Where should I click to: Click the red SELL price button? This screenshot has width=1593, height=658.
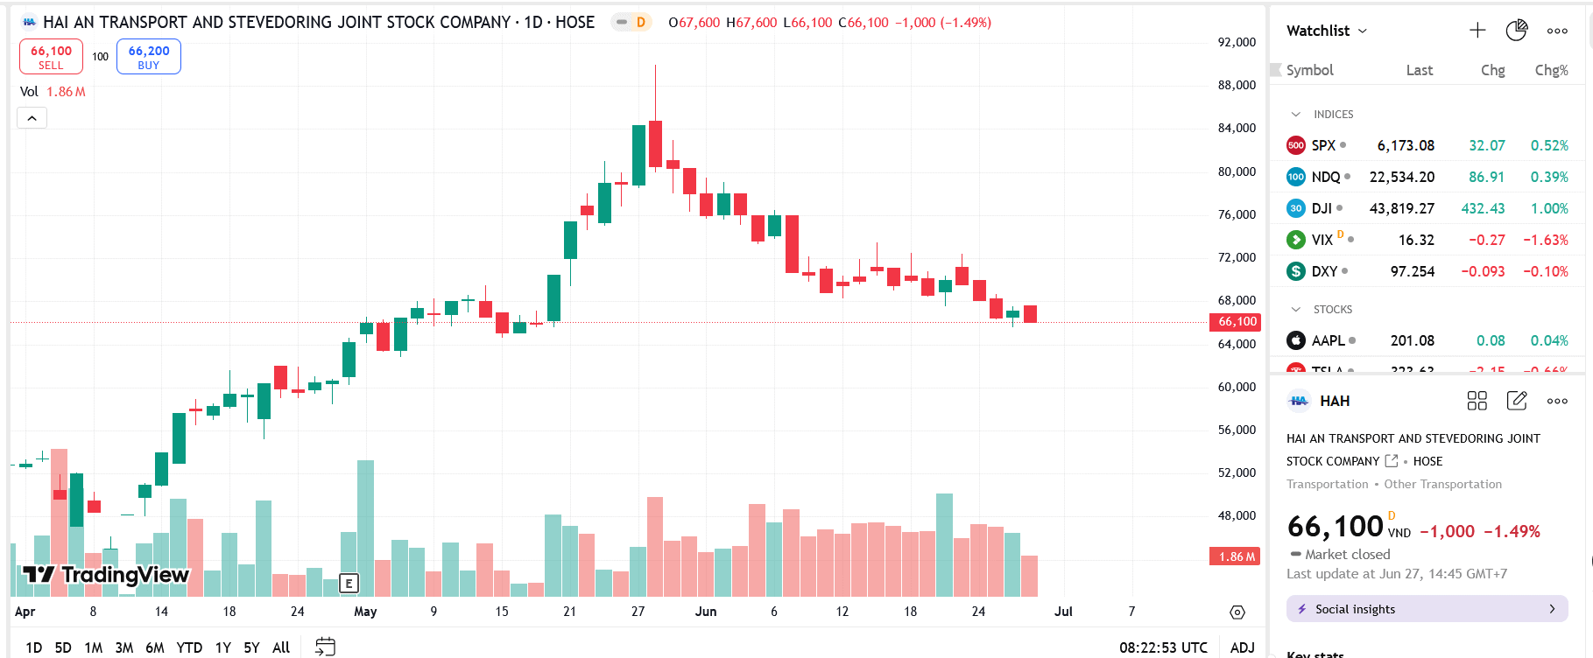(x=51, y=57)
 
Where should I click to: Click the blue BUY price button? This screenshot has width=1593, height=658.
(x=149, y=57)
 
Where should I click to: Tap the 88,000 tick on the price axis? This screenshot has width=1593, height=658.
(x=1237, y=85)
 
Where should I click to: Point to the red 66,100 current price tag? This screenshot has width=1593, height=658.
(x=1237, y=322)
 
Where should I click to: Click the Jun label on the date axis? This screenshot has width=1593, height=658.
(x=706, y=612)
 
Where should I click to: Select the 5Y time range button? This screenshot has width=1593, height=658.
(x=251, y=647)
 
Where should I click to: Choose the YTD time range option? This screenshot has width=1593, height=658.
(x=189, y=647)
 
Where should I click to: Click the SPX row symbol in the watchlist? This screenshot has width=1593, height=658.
(x=1323, y=145)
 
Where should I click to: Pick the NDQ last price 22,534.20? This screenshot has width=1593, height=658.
(x=1401, y=177)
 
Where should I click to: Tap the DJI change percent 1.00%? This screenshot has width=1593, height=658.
(x=1549, y=208)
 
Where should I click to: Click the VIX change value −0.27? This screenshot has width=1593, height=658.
(x=1486, y=240)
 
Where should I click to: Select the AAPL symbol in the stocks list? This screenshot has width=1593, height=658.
(x=1328, y=340)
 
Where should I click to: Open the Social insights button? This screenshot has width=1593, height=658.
(x=1427, y=609)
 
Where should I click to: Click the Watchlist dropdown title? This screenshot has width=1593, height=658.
(x=1326, y=31)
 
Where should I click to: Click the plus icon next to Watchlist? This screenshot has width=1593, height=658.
(x=1477, y=31)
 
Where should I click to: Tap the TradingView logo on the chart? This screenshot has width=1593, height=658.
(x=106, y=575)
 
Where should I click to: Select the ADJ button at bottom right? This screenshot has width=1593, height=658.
(x=1242, y=647)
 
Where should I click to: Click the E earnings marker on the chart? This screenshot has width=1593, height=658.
(x=349, y=583)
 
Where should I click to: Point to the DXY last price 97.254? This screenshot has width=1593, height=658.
(x=1412, y=271)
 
